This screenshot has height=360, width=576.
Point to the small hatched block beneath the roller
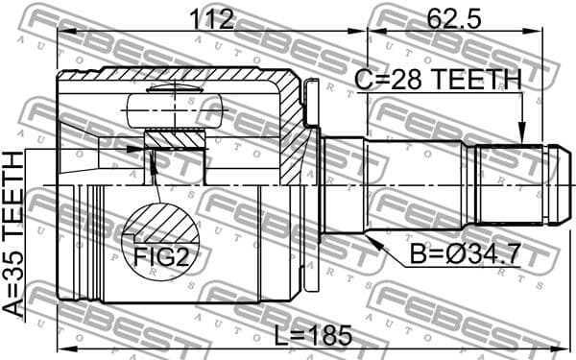[x=175, y=140]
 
